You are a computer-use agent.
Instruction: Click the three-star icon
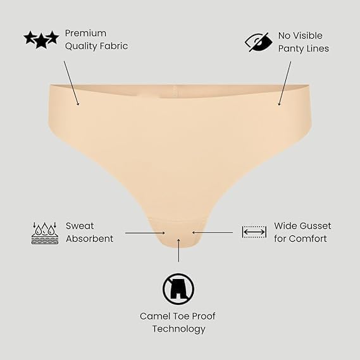(41, 39)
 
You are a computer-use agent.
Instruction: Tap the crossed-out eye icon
(259, 42)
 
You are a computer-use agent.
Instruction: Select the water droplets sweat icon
(45, 233)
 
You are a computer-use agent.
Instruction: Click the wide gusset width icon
(254, 232)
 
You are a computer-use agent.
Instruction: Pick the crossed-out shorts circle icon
(178, 289)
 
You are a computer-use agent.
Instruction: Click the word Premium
(85, 34)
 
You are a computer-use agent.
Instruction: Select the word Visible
(308, 35)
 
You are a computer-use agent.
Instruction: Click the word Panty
(290, 49)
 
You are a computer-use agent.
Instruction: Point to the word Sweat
(80, 226)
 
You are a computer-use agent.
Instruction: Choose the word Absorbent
(90, 239)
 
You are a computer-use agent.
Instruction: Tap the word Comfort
(307, 239)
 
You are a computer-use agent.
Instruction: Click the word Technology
(178, 329)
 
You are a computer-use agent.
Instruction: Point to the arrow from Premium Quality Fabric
(71, 83)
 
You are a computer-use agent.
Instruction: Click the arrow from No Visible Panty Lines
(285, 84)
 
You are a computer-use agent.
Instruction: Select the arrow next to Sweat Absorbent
(145, 233)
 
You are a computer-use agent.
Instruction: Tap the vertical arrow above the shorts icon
(178, 251)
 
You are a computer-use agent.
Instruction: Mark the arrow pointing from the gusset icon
(213, 233)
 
